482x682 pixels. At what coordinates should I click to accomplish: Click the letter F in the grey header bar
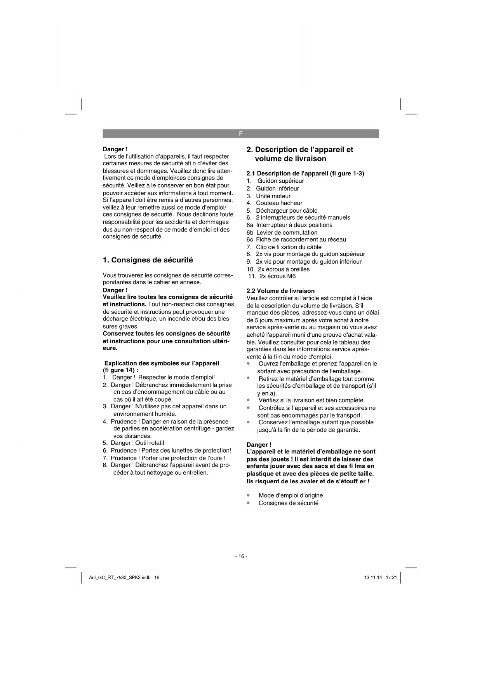[240, 133]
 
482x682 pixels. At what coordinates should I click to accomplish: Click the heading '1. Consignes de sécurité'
[148, 260]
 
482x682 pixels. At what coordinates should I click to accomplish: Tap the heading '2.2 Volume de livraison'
[280, 291]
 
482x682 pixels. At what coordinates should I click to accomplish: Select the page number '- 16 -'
[241, 556]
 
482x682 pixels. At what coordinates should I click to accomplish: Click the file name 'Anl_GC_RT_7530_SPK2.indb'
[120, 577]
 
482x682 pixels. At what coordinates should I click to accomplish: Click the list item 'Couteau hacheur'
[279, 203]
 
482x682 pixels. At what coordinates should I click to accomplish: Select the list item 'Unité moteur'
[273, 196]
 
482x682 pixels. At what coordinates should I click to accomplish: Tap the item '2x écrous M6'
[277, 276]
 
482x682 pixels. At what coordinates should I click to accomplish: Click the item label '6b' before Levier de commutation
[250, 233]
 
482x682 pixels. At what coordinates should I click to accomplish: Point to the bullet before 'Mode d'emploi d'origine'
[248, 495]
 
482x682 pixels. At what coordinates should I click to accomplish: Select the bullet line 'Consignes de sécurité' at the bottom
[288, 503]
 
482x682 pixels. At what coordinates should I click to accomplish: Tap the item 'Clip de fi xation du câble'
[289, 247]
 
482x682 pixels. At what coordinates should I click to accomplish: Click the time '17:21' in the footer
[391, 577]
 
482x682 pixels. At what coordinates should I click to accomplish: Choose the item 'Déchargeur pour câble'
[286, 210]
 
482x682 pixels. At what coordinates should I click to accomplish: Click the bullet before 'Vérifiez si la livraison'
[248, 400]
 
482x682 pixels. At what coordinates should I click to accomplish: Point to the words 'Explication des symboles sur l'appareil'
[162, 363]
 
